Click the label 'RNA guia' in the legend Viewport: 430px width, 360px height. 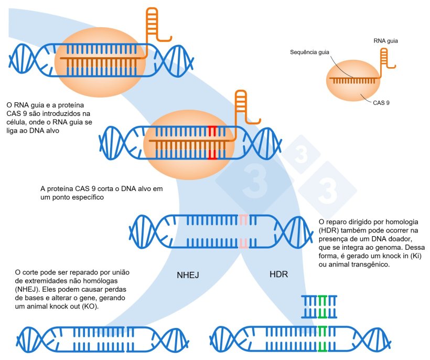point(385,40)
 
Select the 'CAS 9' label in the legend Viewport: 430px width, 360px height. point(381,103)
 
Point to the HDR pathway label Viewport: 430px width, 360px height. point(278,274)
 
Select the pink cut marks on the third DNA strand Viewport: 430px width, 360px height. point(243,231)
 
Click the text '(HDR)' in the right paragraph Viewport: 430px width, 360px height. point(329,231)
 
